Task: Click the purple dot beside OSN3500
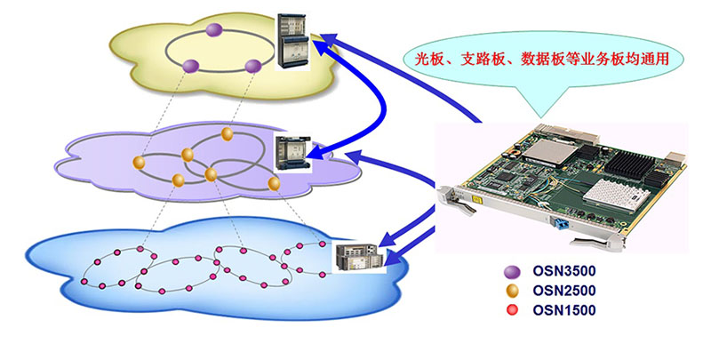(510, 271)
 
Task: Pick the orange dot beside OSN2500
(510, 291)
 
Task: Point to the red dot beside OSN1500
(510, 310)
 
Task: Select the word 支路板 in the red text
(484, 60)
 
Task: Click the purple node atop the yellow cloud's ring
(213, 31)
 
